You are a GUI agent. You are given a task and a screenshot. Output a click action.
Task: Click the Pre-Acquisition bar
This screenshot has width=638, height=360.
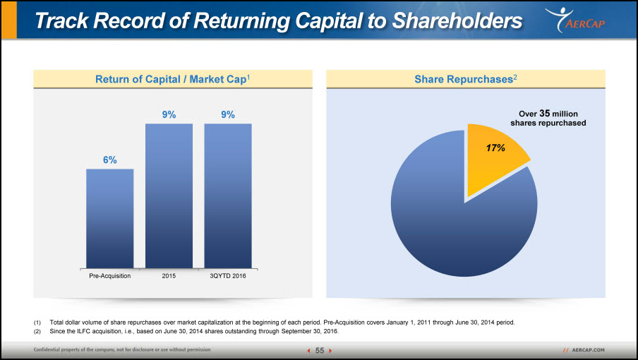click(110, 218)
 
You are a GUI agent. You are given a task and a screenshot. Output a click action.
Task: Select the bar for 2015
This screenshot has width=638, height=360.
click(169, 196)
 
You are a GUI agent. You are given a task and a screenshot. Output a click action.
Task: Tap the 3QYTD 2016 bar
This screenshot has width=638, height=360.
click(228, 196)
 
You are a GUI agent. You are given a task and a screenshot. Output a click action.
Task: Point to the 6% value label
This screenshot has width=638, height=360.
click(110, 160)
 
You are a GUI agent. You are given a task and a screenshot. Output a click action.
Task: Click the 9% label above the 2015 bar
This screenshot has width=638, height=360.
click(169, 115)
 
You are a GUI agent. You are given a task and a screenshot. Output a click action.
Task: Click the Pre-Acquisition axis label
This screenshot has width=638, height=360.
click(110, 276)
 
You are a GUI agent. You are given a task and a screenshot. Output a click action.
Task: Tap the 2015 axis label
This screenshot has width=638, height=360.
click(169, 276)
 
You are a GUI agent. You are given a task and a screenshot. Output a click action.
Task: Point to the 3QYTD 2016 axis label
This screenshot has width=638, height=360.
click(228, 276)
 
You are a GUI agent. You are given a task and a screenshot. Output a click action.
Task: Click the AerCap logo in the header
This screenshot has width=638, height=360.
click(575, 20)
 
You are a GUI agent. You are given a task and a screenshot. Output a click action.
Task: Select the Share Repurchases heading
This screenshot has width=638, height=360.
click(466, 79)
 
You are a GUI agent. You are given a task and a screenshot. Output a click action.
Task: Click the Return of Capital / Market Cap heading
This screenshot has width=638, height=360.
click(172, 79)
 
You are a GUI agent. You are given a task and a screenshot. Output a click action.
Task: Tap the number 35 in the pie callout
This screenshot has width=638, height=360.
click(545, 114)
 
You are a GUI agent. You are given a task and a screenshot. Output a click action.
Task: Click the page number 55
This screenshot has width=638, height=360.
click(320, 351)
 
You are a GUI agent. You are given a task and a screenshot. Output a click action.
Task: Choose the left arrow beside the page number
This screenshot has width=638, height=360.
click(309, 351)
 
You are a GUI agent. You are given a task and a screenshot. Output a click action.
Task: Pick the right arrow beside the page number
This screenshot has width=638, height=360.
click(330, 351)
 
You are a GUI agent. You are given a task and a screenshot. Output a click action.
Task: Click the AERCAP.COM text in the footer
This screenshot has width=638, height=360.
click(589, 350)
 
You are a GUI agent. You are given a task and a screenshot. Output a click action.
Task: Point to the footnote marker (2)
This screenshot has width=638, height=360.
click(37, 332)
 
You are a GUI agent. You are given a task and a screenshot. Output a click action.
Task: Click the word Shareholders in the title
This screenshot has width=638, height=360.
click(457, 20)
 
